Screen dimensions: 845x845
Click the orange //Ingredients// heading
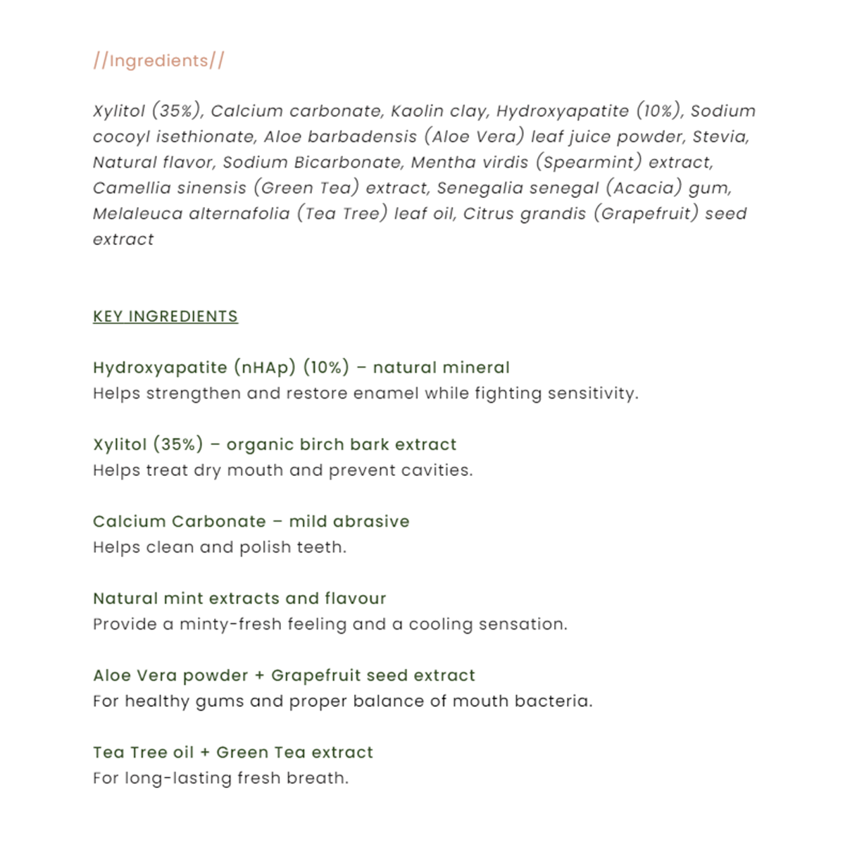click(x=158, y=61)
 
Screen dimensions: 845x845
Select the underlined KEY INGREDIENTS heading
click(x=165, y=316)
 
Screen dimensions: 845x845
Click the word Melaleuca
click(x=137, y=214)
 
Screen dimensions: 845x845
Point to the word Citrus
click(x=488, y=214)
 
